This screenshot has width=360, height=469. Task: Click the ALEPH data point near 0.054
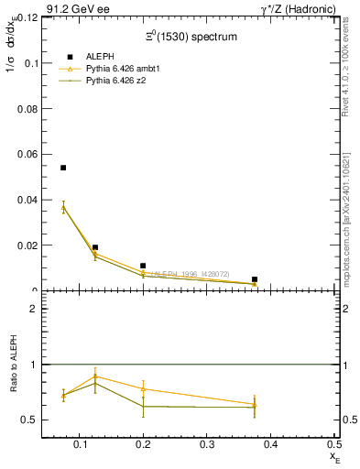pyautogui.click(x=63, y=168)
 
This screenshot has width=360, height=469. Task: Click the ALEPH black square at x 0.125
pyautogui.click(x=95, y=247)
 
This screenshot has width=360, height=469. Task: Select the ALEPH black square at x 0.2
pyautogui.click(x=143, y=266)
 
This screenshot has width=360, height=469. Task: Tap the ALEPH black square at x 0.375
pyautogui.click(x=255, y=279)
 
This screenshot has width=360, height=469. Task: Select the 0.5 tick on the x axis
pyautogui.click(x=334, y=444)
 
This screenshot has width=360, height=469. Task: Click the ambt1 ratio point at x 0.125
pyautogui.click(x=95, y=376)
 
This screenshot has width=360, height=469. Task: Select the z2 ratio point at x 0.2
pyautogui.click(x=143, y=406)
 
